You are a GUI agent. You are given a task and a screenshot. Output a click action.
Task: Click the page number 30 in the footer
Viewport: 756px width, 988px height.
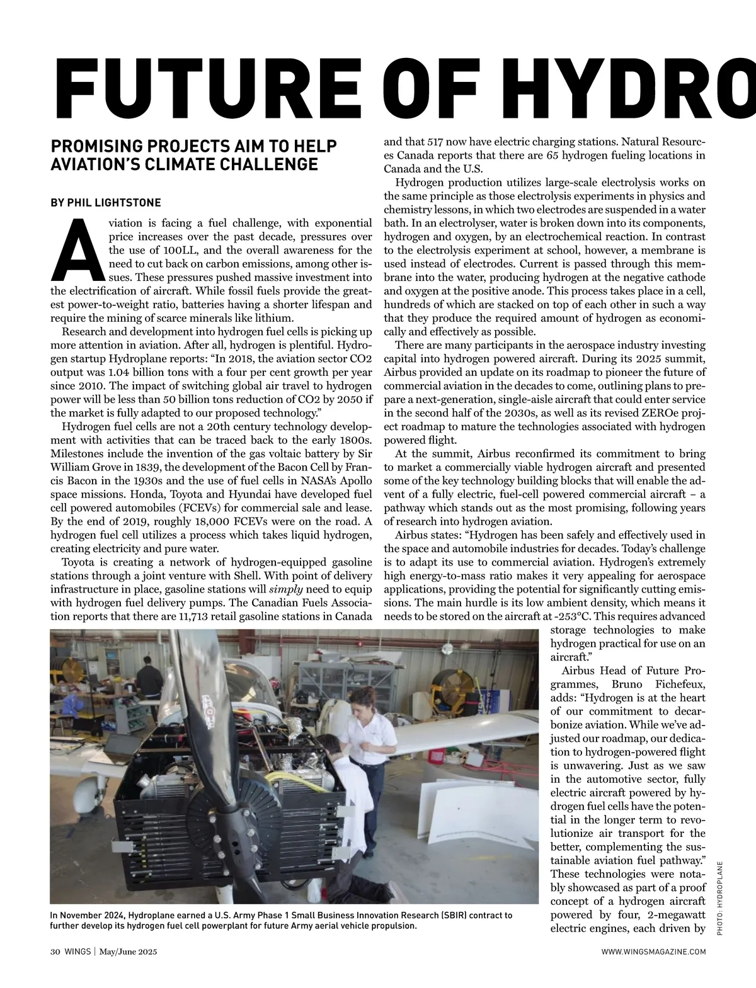pyautogui.click(x=55, y=952)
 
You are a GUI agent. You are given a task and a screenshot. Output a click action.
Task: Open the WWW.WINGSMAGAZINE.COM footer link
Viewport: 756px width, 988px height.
pyautogui.click(x=653, y=952)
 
